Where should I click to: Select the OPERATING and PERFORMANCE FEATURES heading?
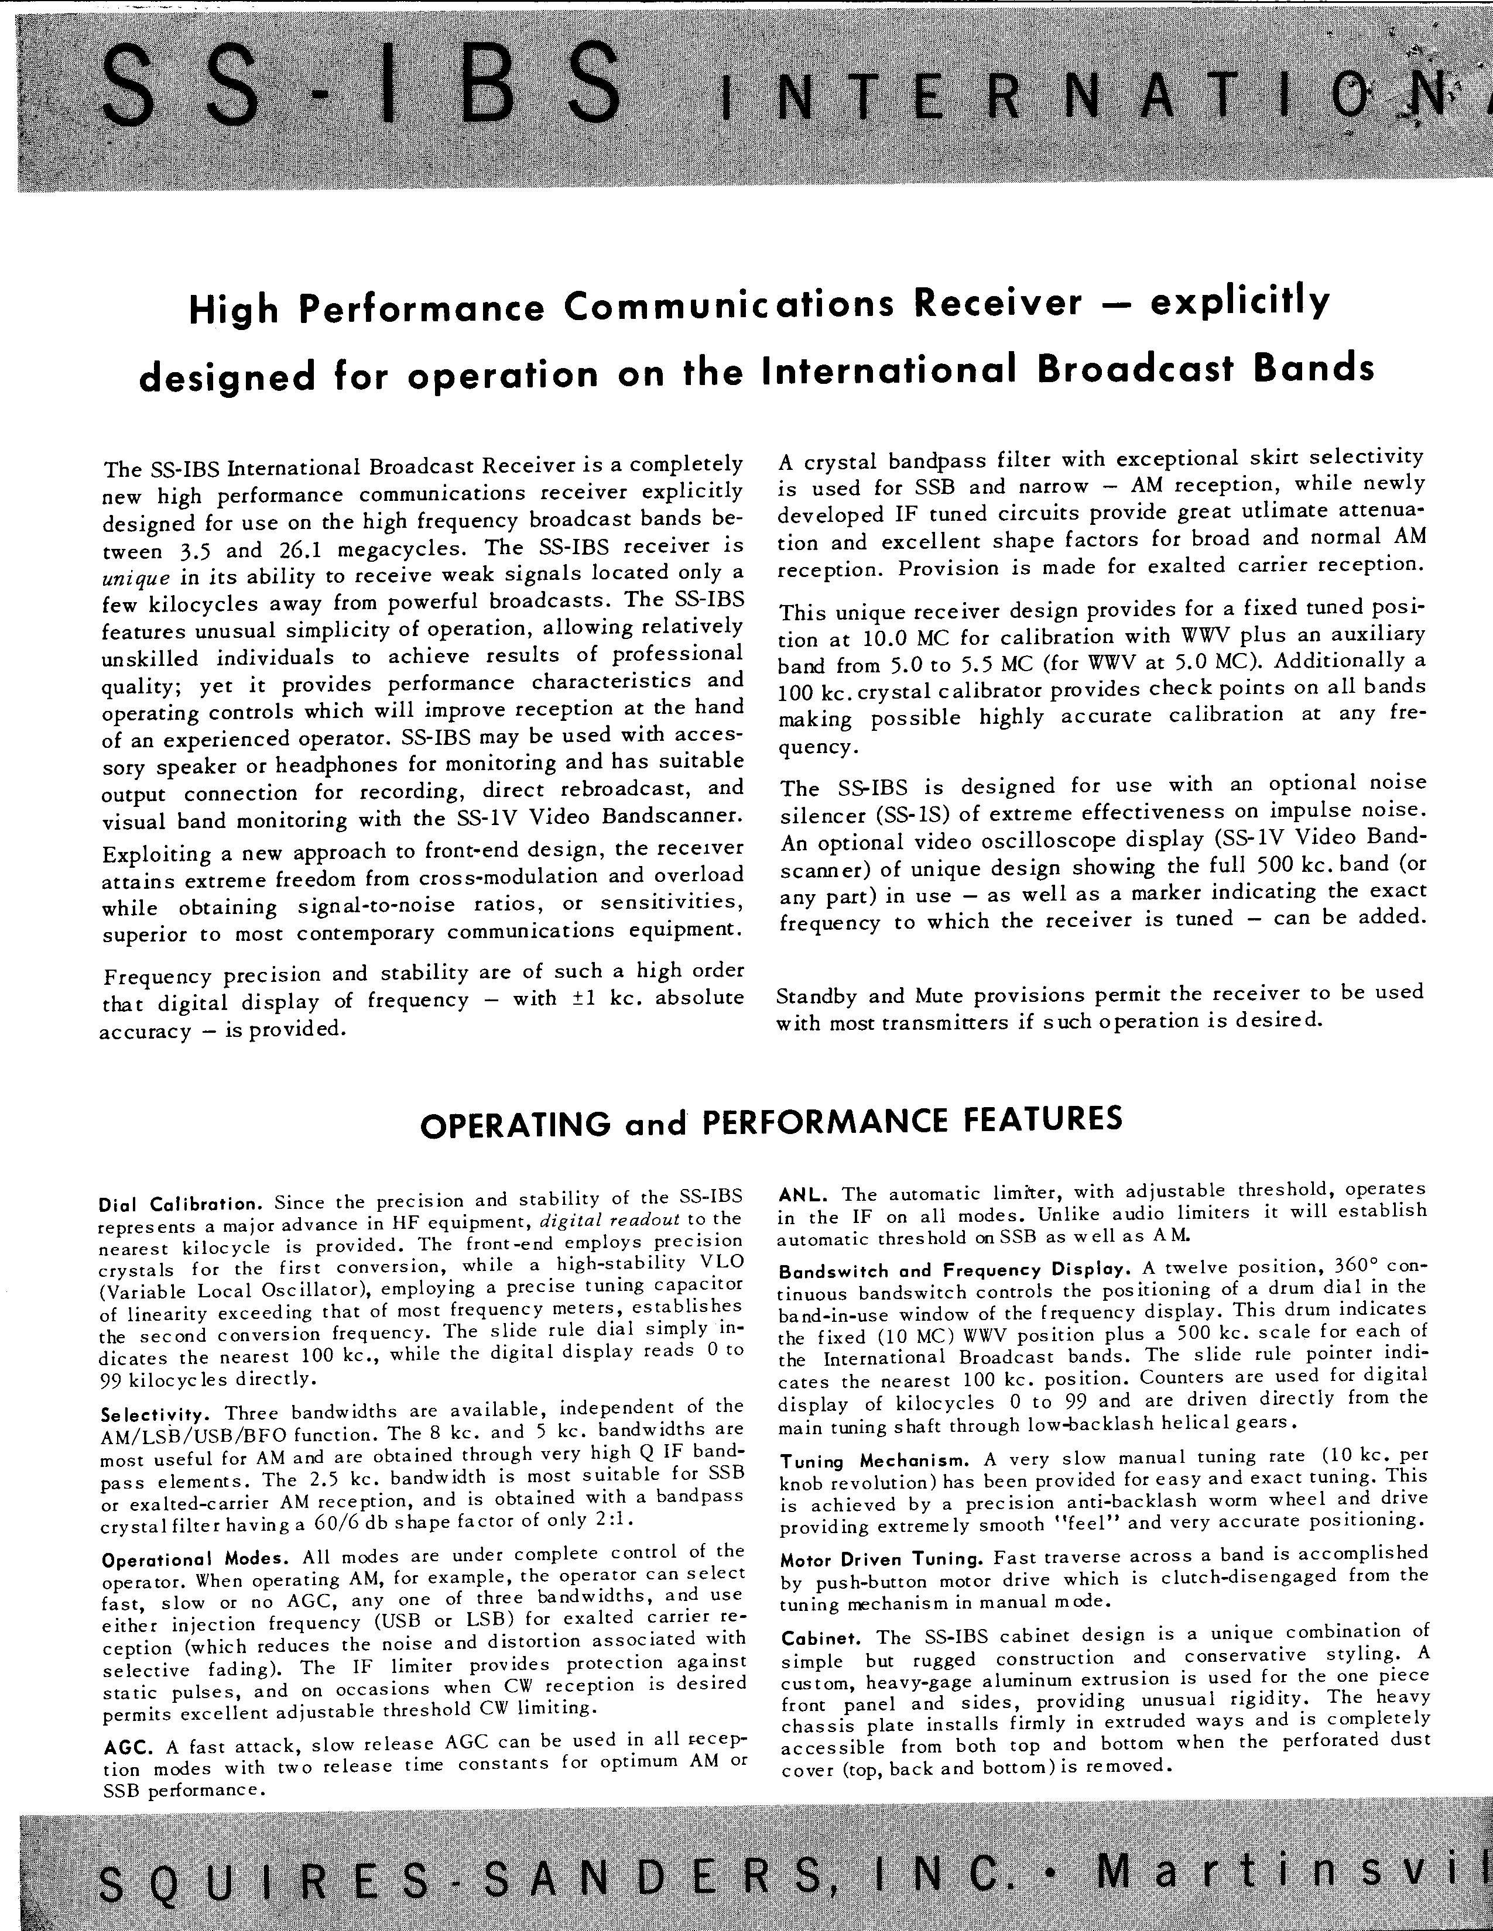click(x=771, y=1121)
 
